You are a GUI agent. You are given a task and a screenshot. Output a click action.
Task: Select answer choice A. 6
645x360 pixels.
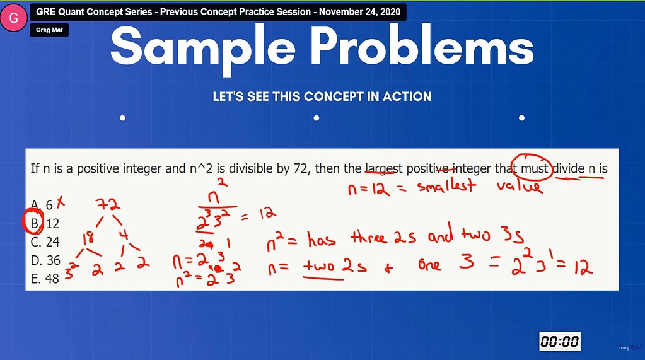coord(42,204)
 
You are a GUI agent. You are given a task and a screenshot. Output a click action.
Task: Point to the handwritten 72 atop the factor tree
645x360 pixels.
coord(108,204)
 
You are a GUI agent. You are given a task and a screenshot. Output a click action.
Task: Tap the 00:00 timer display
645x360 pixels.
coord(559,342)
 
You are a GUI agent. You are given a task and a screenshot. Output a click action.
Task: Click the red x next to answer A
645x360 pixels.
coord(61,202)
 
